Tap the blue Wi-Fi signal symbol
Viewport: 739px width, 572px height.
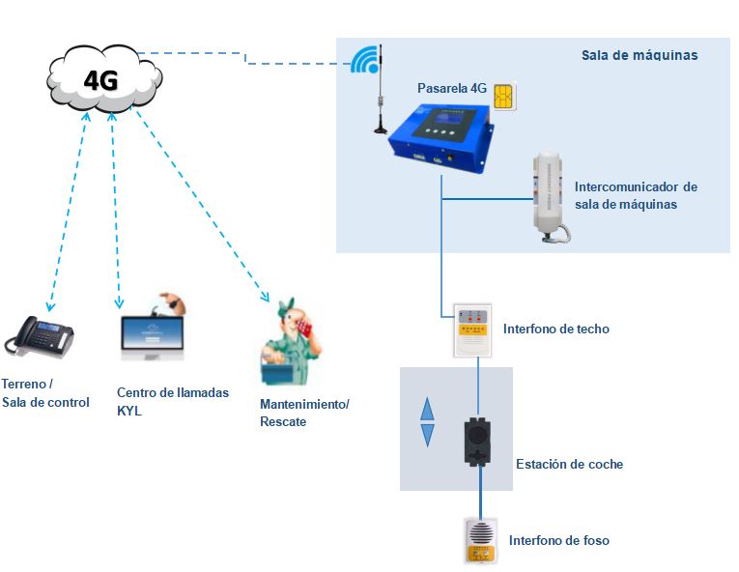tap(363, 61)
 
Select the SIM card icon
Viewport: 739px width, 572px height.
tap(503, 96)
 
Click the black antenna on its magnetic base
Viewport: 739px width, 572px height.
tap(382, 92)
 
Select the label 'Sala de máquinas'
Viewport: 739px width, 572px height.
tap(639, 55)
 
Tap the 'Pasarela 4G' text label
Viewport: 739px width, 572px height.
tap(451, 88)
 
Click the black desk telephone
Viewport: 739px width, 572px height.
tap(41, 336)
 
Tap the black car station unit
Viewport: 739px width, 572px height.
tap(476, 441)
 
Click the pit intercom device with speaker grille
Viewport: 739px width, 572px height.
tap(480, 540)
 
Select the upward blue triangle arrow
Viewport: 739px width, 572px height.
tap(427, 408)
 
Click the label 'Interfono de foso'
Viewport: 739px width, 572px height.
tap(558, 540)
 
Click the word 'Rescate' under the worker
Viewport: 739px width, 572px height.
tap(283, 421)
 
